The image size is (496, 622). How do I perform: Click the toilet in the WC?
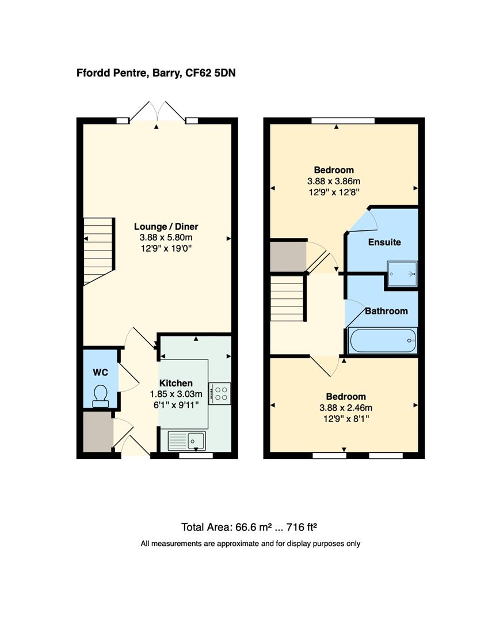pyautogui.click(x=101, y=395)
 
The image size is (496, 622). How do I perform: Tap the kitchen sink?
pyautogui.click(x=186, y=441)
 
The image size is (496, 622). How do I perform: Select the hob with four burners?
pyautogui.click(x=220, y=393)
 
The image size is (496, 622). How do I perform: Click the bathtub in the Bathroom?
pyautogui.click(x=382, y=340)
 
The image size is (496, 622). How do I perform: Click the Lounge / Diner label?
pyautogui.click(x=166, y=226)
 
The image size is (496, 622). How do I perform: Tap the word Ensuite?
pyautogui.click(x=384, y=242)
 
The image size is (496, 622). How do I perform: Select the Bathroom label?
pyautogui.click(x=386, y=311)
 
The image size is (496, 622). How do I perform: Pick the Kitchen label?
pyautogui.click(x=176, y=383)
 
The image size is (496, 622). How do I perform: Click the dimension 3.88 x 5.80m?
pyautogui.click(x=166, y=237)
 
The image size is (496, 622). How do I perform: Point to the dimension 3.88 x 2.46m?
pyautogui.click(x=346, y=408)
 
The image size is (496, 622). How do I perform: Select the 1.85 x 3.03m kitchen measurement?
pyautogui.click(x=176, y=394)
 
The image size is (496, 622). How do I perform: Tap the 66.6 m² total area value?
pyautogui.click(x=247, y=527)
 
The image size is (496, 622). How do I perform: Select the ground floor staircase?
pyautogui.click(x=99, y=251)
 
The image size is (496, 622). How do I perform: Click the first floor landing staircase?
pyautogui.click(x=287, y=298)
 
